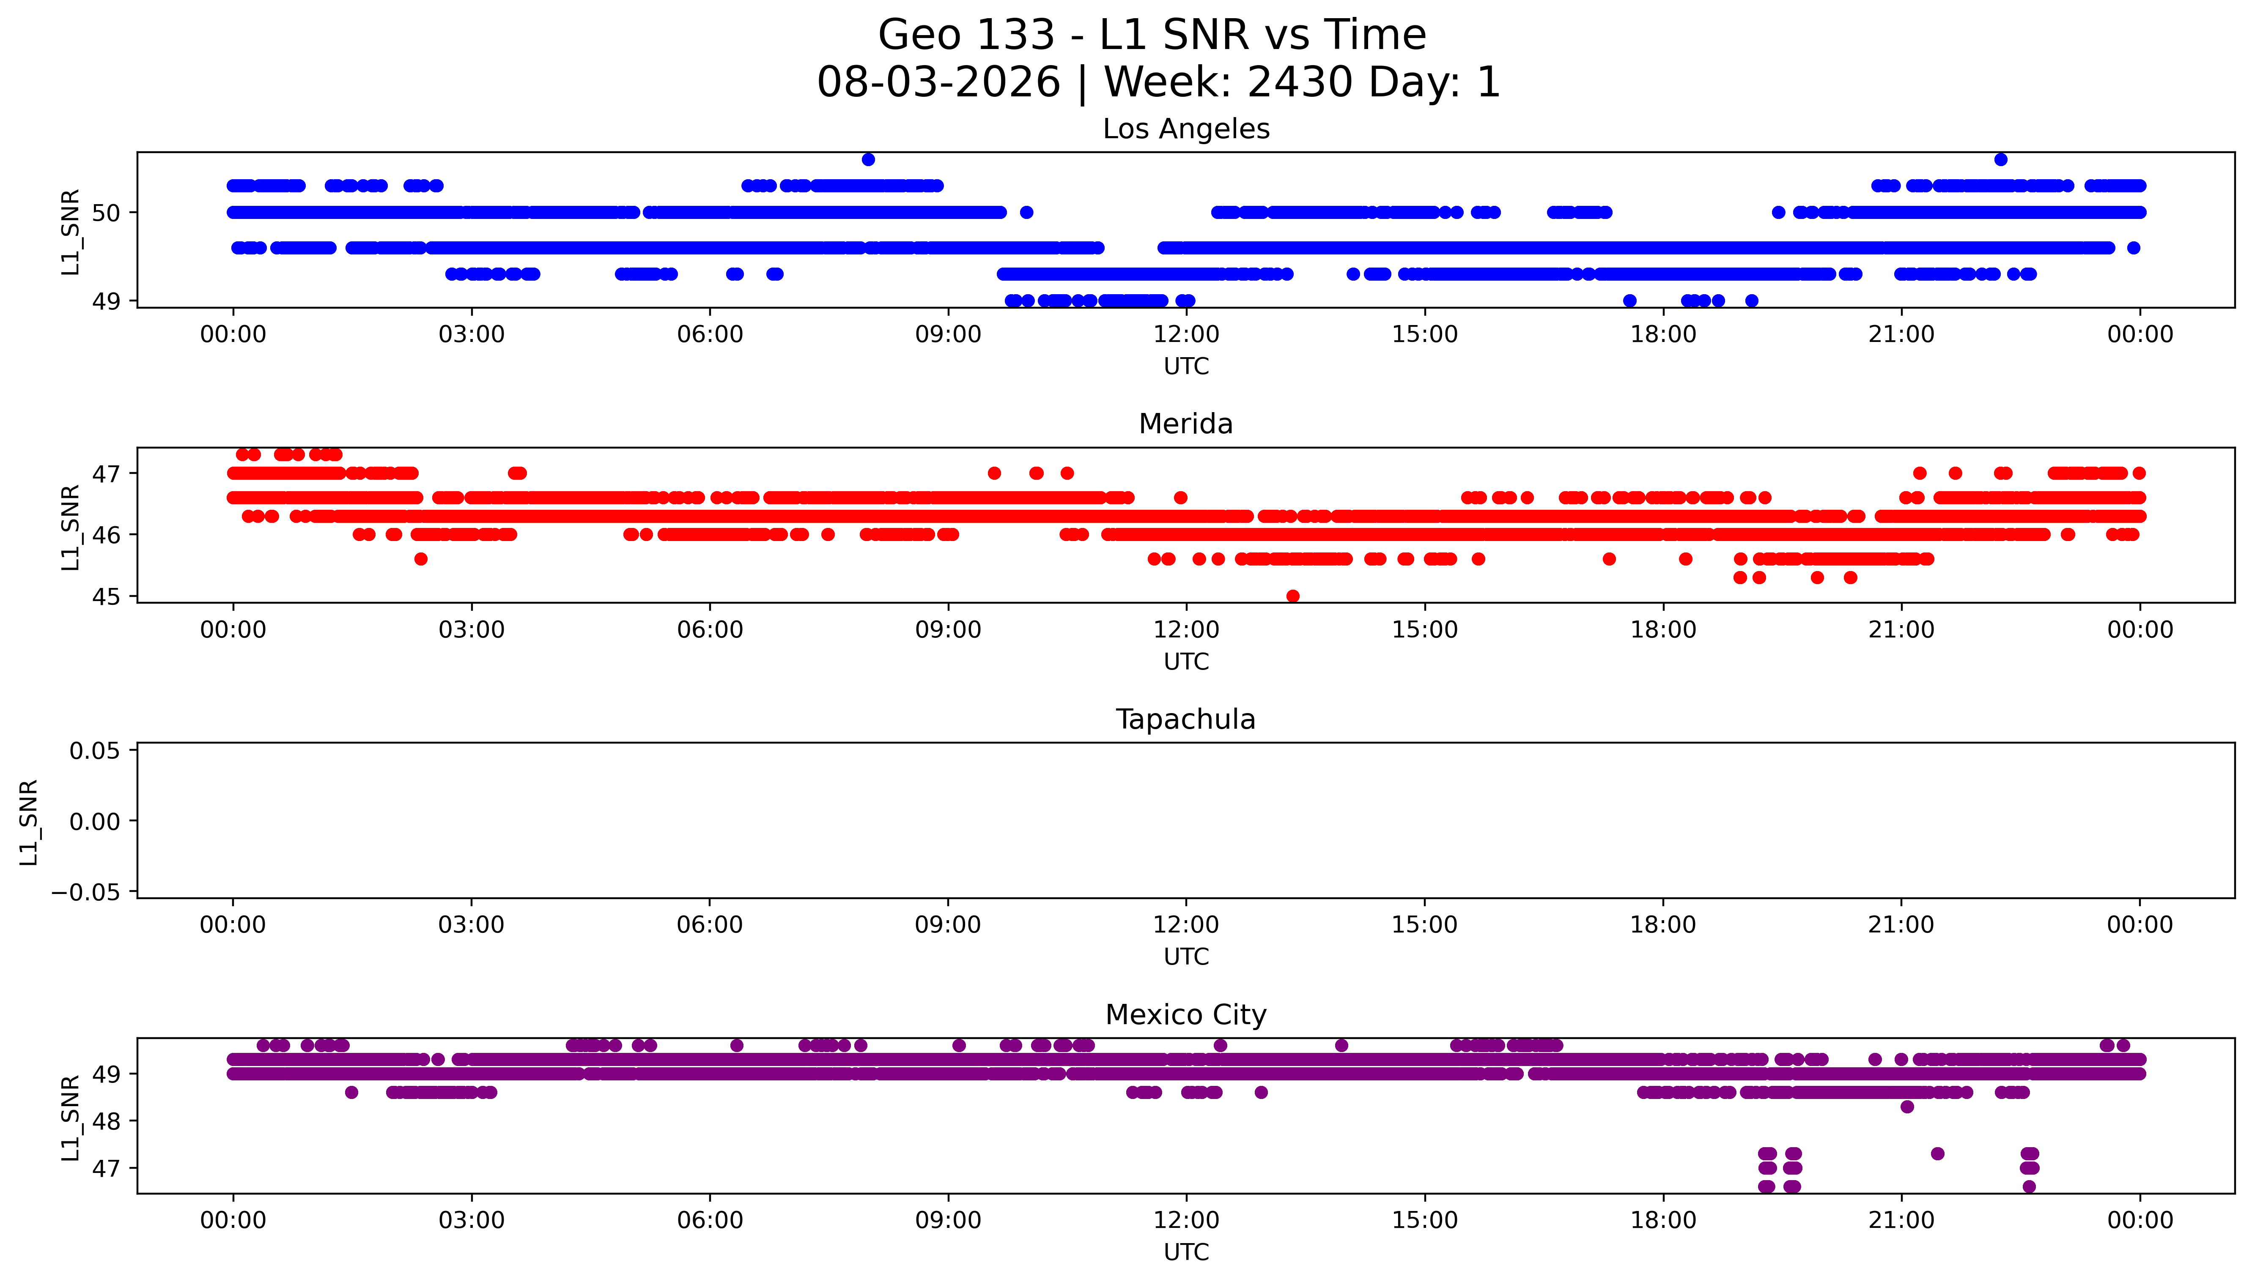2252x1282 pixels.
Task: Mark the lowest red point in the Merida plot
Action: [1293, 596]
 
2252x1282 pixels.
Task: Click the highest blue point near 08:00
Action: [868, 159]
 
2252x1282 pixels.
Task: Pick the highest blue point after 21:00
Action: [2001, 159]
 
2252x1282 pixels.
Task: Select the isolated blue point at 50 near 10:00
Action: [1026, 212]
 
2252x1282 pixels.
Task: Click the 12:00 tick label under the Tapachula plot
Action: [1186, 925]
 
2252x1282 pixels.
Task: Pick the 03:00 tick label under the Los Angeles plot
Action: [471, 335]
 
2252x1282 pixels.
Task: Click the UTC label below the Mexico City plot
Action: [1186, 1252]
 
